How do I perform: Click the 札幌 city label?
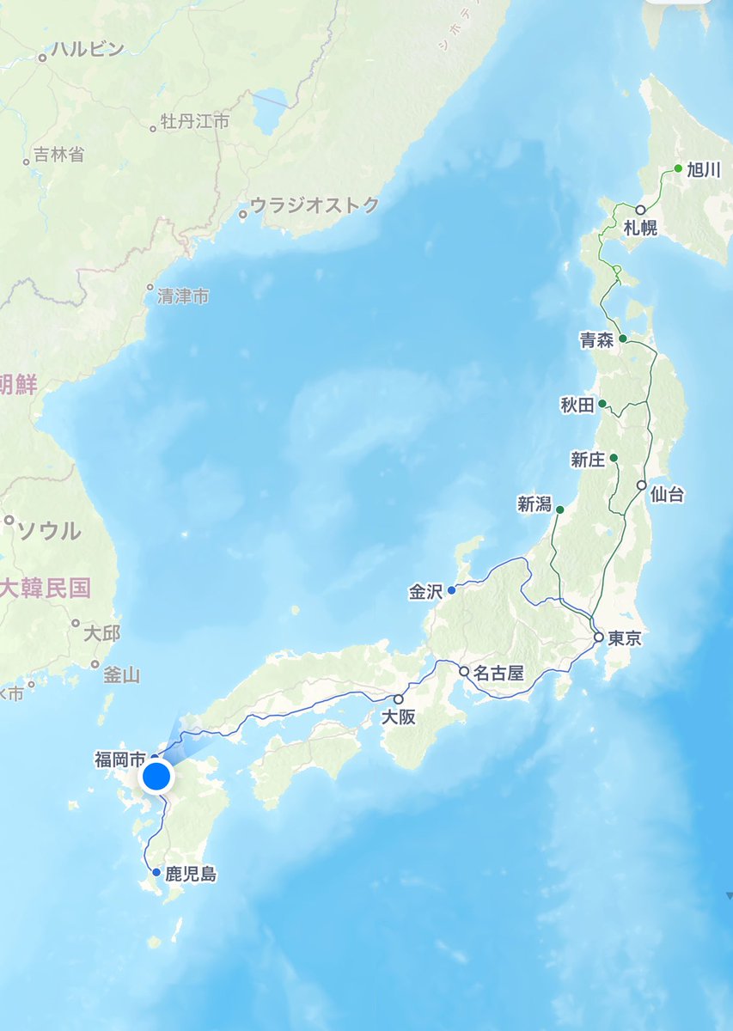[640, 229]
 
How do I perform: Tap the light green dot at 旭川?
[678, 168]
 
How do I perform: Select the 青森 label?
[597, 339]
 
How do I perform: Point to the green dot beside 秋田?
[602, 404]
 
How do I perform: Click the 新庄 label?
[589, 460]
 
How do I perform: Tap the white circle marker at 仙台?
[641, 485]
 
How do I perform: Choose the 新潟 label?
[534, 506]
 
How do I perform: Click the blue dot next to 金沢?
[451, 590]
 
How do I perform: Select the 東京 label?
[625, 638]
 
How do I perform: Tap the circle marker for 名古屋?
[464, 671]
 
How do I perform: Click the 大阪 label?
[399, 717]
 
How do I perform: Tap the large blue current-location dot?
[156, 777]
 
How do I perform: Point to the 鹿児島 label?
[190, 875]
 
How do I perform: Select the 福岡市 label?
[120, 759]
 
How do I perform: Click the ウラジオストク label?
[314, 205]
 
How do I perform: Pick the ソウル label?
[50, 529]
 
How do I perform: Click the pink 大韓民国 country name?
[46, 589]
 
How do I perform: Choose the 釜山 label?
[121, 674]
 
